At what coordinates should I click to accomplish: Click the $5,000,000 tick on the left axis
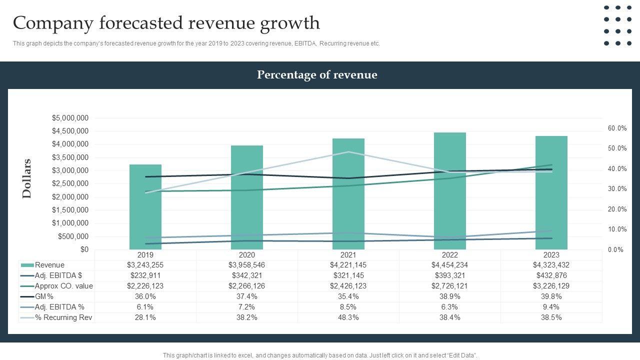(70, 118)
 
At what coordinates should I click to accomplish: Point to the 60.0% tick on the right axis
(617, 128)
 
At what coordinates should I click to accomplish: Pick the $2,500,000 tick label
(70, 183)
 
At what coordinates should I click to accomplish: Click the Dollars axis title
(27, 178)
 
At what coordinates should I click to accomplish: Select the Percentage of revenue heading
(317, 75)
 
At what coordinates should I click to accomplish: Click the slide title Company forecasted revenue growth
(166, 23)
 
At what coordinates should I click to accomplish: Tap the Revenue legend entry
(49, 265)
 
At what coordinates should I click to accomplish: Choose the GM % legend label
(44, 296)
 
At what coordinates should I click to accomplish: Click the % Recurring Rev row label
(63, 317)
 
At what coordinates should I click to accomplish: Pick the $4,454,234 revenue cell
(449, 265)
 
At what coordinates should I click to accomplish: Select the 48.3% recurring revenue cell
(348, 317)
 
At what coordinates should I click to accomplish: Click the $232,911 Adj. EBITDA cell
(145, 275)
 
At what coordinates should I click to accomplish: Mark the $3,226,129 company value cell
(551, 286)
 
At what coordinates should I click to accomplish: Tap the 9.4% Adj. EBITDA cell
(551, 307)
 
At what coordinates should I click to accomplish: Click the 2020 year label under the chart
(246, 254)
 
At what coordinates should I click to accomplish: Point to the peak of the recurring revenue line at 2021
(348, 152)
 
